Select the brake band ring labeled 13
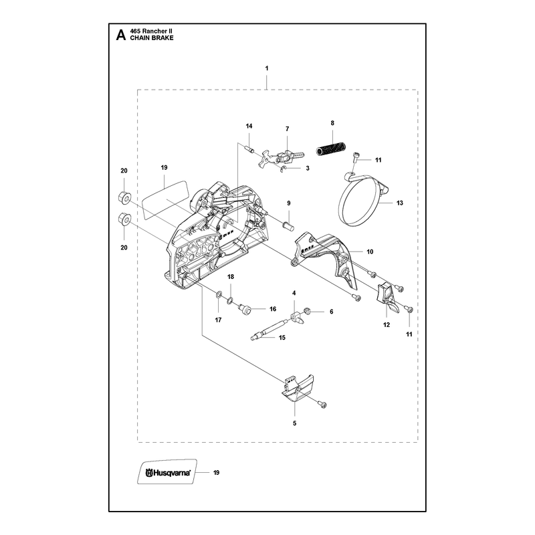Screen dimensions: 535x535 362,201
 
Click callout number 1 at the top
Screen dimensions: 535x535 267,68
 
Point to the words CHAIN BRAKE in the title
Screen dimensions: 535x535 152,38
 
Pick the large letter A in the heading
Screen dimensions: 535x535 121,35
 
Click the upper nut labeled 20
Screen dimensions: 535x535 124,197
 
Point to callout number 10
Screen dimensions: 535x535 370,252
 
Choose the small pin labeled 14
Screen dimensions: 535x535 249,149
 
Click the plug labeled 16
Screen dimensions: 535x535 244,309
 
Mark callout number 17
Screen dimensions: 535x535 219,320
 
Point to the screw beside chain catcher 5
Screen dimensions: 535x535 322,405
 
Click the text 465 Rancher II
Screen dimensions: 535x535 151,31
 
